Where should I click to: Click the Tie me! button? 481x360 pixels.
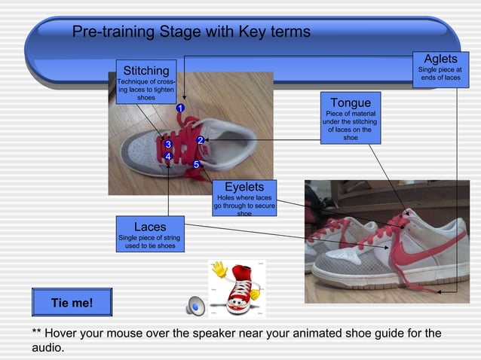[72, 303]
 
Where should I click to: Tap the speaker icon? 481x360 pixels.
[196, 305]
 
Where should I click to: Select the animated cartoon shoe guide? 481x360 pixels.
[238, 288]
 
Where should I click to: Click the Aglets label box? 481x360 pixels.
[440, 69]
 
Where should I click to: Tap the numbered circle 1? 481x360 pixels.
[180, 108]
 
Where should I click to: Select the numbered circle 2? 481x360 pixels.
[200, 140]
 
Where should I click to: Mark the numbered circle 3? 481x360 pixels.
[167, 144]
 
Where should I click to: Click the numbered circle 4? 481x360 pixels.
[168, 156]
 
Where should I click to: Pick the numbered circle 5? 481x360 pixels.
[196, 164]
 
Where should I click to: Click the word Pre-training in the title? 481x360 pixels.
[113, 32]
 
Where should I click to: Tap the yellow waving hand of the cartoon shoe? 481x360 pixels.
[219, 268]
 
